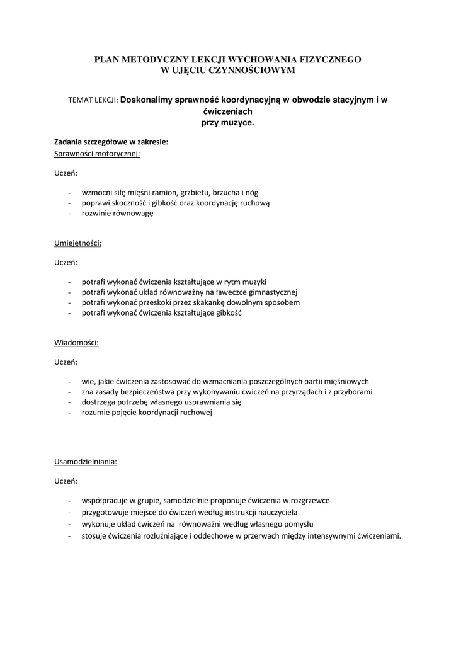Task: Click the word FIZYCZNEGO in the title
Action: [x=332, y=59]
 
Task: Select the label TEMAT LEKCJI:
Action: [x=93, y=100]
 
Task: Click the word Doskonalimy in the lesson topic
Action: [x=146, y=100]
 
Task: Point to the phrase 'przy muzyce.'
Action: [x=227, y=122]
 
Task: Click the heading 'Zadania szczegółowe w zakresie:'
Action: [x=111, y=142]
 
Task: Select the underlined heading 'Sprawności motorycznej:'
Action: [x=97, y=153]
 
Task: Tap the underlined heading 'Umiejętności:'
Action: [x=78, y=242]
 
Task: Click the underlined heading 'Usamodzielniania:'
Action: [x=86, y=461]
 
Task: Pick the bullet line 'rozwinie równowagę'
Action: [x=117, y=213]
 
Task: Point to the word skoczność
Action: [x=128, y=203]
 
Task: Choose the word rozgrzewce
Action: [x=308, y=501]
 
